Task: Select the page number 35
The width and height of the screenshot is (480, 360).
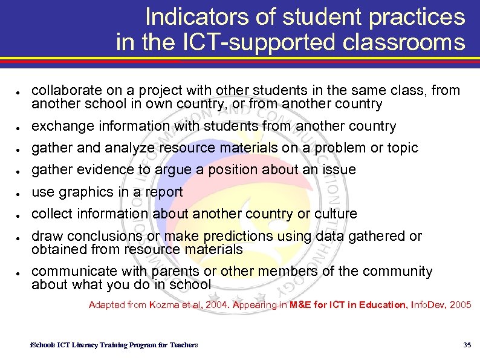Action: click(467, 345)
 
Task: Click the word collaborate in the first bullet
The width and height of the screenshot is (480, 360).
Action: click(62, 91)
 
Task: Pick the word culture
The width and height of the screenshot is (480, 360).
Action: click(337, 214)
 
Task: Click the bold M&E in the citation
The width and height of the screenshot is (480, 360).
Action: click(302, 305)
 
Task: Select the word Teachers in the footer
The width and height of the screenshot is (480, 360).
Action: click(183, 345)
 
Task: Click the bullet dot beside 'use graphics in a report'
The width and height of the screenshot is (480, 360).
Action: click(19, 194)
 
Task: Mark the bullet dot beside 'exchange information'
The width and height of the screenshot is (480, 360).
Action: click(19, 128)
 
